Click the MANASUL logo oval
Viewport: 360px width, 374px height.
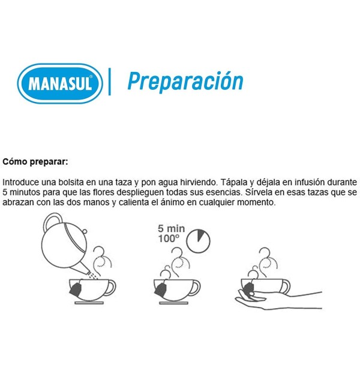tap(60, 83)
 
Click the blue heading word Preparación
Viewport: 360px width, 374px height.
tap(185, 82)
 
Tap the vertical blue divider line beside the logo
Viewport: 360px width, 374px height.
tap(110, 82)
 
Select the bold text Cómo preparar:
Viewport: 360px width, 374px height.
tap(35, 162)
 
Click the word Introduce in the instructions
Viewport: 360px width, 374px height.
tap(20, 182)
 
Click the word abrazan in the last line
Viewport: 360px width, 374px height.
tap(18, 203)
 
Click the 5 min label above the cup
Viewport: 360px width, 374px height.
tap(171, 228)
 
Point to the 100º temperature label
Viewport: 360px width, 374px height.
tap(169, 239)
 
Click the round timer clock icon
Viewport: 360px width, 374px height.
tap(198, 241)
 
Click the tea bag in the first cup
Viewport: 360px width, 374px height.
tap(76, 289)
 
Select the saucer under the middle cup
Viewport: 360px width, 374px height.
tap(173, 303)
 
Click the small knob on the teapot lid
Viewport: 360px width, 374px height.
tap(85, 231)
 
